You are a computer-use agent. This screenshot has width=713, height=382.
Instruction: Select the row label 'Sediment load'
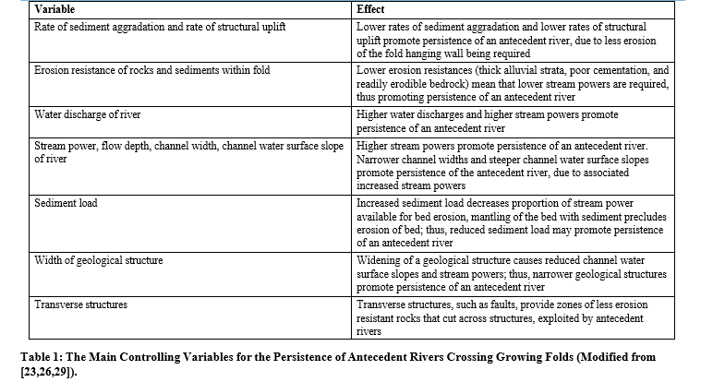(66, 201)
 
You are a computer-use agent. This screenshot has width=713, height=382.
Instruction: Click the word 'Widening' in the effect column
(380, 260)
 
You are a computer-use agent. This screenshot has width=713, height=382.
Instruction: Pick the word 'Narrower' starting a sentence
(380, 159)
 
